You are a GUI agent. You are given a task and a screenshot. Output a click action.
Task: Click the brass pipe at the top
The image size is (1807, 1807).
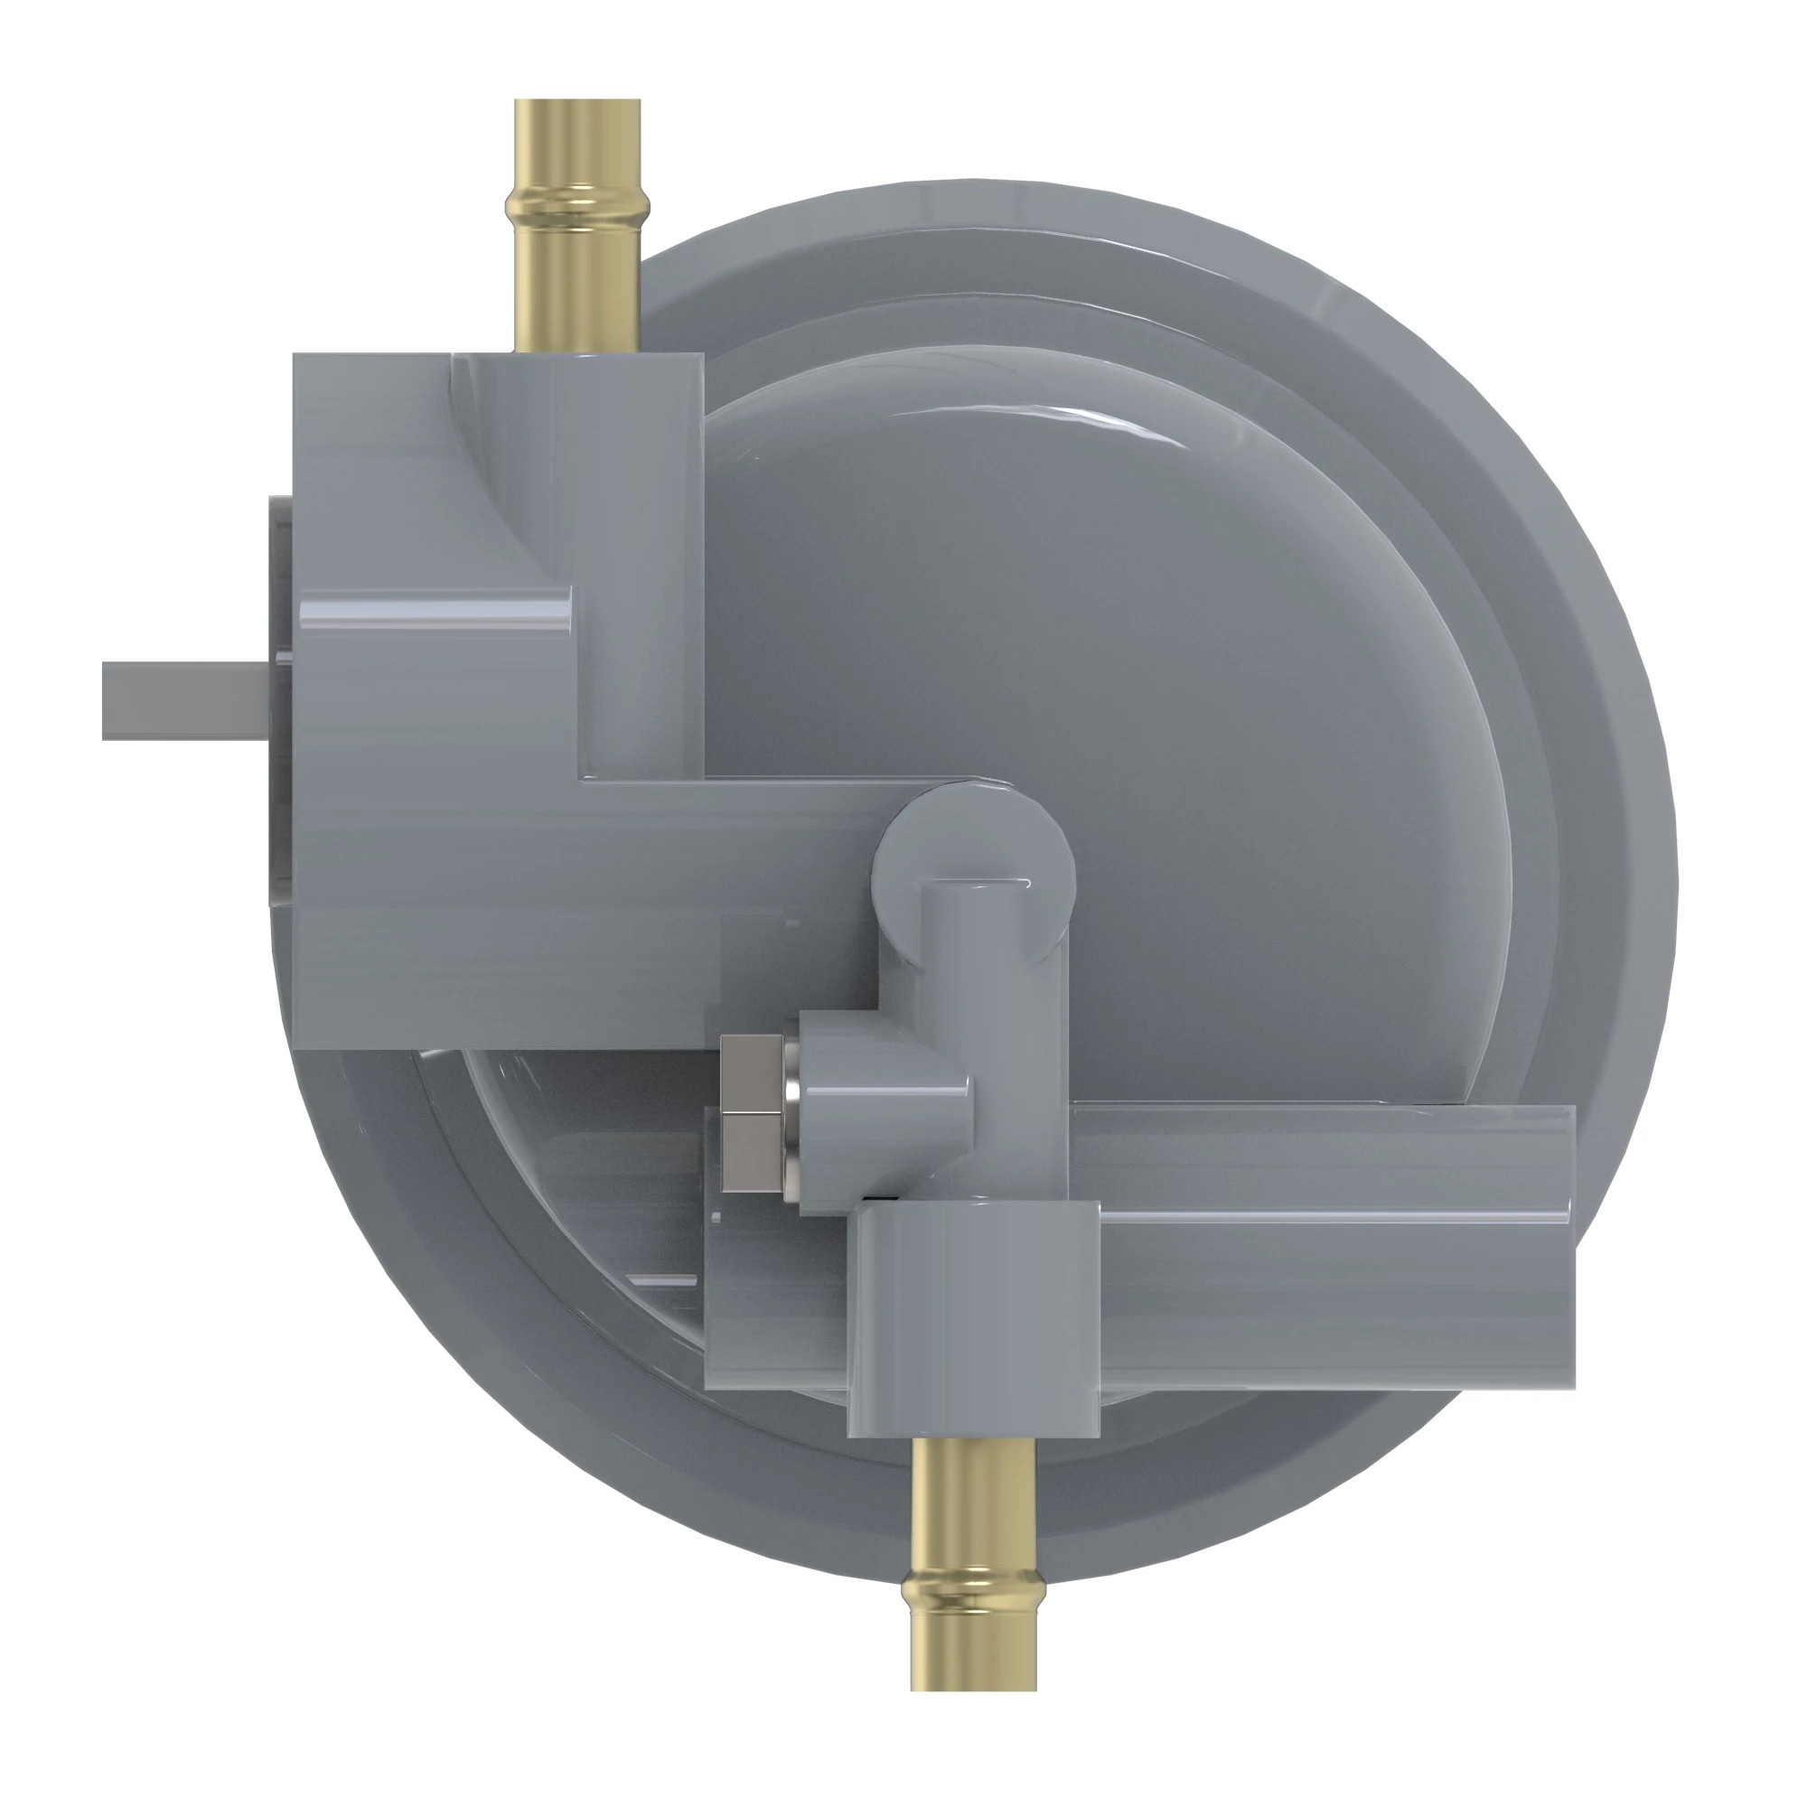(577, 281)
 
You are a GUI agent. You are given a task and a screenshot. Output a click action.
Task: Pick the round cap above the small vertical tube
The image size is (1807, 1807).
(973, 842)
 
